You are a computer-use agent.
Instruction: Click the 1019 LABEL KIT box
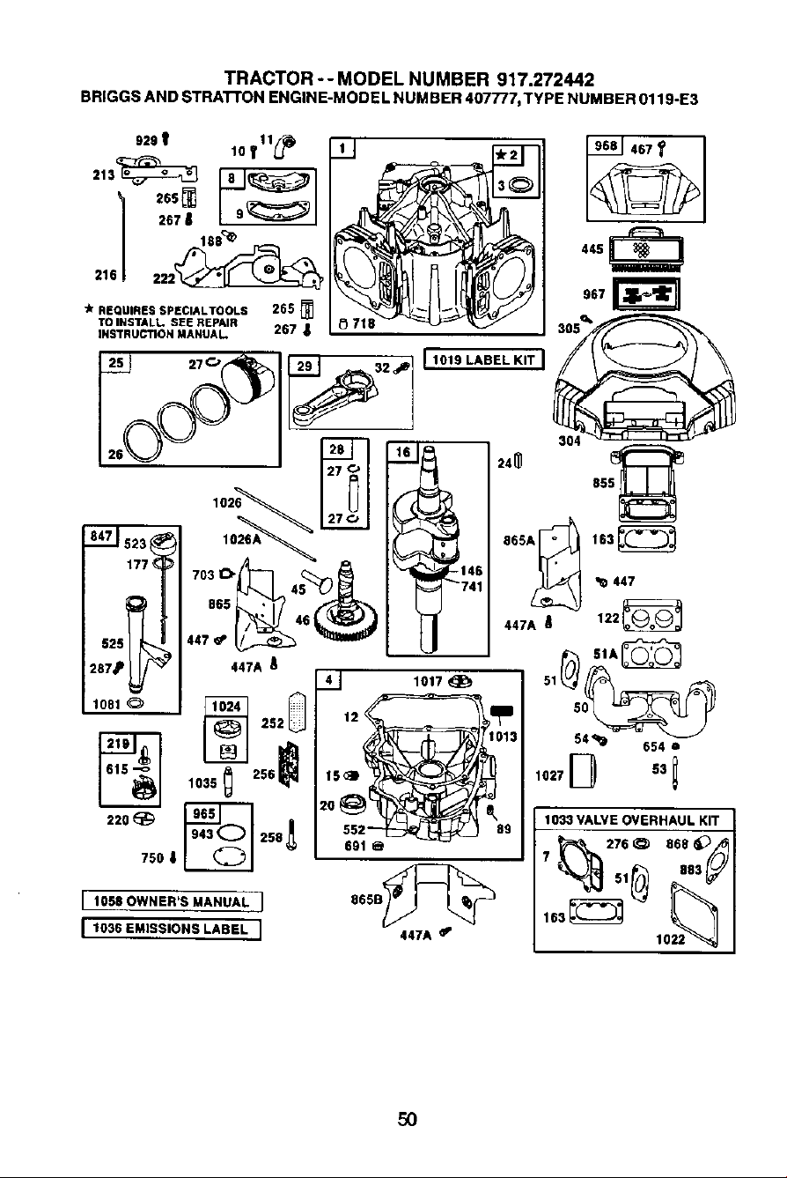click(x=484, y=360)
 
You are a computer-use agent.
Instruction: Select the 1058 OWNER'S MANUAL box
click(x=172, y=901)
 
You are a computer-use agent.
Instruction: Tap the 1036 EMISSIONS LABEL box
click(x=172, y=929)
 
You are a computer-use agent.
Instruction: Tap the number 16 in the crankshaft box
click(x=403, y=452)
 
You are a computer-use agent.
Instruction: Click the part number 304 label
click(x=570, y=441)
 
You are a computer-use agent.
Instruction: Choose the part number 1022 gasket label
click(x=671, y=938)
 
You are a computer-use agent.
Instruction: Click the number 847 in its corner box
click(x=101, y=536)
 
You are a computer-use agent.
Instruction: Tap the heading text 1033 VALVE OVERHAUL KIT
click(x=631, y=820)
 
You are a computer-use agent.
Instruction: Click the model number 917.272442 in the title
click(x=545, y=79)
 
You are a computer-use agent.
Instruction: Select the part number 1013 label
click(x=503, y=737)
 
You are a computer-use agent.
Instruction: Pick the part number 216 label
click(x=106, y=275)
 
